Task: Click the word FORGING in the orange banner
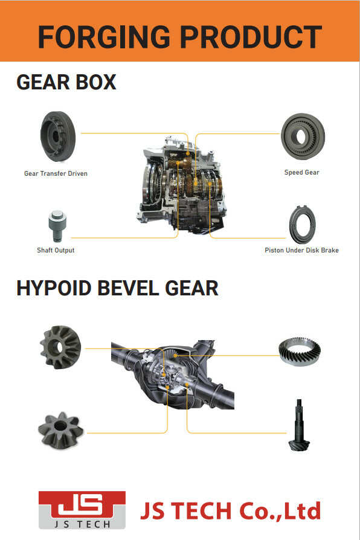click(x=104, y=37)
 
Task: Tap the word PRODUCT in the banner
click(x=251, y=37)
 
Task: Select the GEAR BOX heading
click(x=66, y=82)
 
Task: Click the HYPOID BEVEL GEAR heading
click(x=117, y=288)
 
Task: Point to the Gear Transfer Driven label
click(x=56, y=173)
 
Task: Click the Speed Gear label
click(x=302, y=173)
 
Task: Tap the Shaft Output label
click(x=56, y=251)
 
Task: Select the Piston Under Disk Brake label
click(x=302, y=251)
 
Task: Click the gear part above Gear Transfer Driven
click(x=58, y=137)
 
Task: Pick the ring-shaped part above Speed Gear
click(x=303, y=137)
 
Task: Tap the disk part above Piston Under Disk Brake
click(x=303, y=225)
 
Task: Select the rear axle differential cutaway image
click(x=173, y=374)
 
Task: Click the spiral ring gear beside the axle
click(x=300, y=352)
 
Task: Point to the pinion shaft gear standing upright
click(x=298, y=425)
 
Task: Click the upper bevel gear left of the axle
click(x=60, y=347)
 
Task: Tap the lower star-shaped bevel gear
click(x=60, y=431)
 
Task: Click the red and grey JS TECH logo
click(x=82, y=510)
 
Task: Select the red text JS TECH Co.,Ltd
click(x=231, y=511)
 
